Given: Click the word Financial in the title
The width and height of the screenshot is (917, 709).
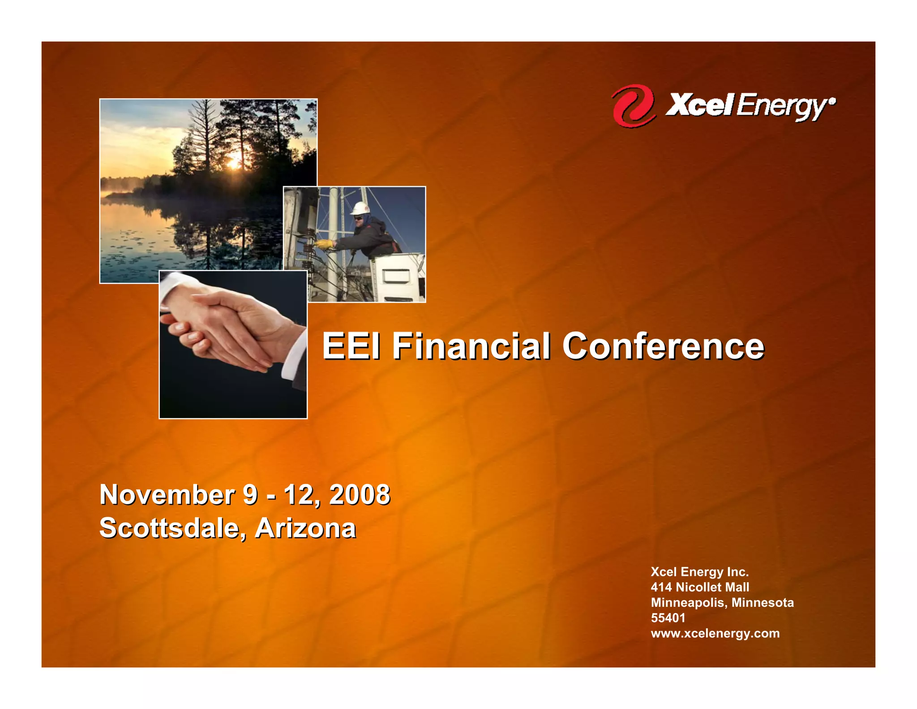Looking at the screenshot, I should click(471, 346).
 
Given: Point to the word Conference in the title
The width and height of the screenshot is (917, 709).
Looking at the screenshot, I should click(663, 346).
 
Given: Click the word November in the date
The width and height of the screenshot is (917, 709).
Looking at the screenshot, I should click(167, 495).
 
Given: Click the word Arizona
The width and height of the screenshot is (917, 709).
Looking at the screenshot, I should click(305, 528).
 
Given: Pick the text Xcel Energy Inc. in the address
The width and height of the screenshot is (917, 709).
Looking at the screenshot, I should click(699, 572).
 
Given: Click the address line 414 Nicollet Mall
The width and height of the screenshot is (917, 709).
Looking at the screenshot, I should click(699, 587).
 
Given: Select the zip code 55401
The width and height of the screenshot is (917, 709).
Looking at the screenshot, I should click(668, 618).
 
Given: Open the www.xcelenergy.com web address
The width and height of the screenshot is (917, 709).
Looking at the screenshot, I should click(715, 633).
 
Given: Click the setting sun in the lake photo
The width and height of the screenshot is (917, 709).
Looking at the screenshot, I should click(233, 164).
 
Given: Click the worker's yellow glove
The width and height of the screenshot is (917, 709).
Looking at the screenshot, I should click(324, 244).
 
